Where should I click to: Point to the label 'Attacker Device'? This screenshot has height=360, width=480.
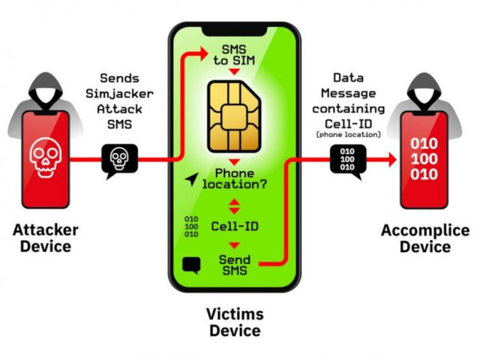pyautogui.click(x=45, y=237)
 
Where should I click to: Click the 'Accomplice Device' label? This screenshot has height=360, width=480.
pyautogui.click(x=425, y=238)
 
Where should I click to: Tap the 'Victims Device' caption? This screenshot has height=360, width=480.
pyautogui.click(x=234, y=321)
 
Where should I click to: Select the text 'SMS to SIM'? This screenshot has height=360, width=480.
pyautogui.click(x=235, y=55)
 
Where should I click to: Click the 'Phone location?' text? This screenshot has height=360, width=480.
pyautogui.click(x=235, y=180)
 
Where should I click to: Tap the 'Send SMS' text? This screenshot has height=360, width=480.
pyautogui.click(x=235, y=264)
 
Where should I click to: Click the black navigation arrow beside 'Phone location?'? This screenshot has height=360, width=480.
pyautogui.click(x=194, y=178)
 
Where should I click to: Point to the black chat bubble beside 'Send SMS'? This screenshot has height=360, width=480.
pyautogui.click(x=191, y=264)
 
